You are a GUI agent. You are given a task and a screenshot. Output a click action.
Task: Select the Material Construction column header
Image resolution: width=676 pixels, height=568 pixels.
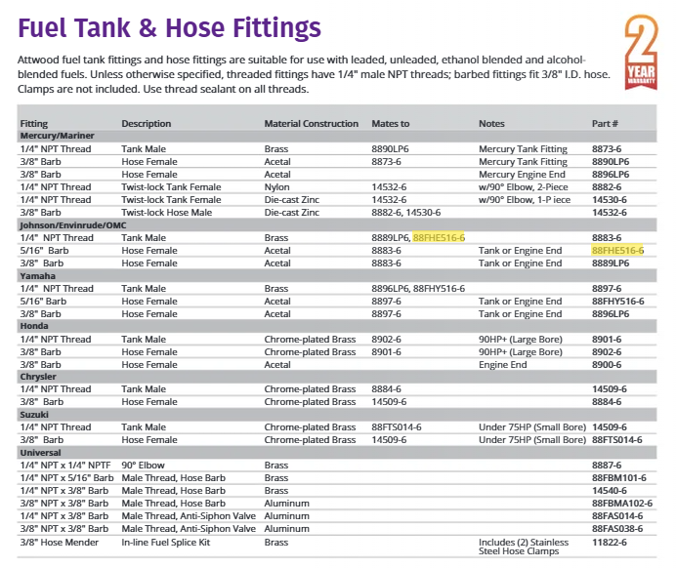point(311,124)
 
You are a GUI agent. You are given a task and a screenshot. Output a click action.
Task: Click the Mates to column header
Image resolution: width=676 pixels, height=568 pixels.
point(391,124)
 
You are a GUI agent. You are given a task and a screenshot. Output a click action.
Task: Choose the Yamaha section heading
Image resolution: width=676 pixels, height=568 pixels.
point(38,276)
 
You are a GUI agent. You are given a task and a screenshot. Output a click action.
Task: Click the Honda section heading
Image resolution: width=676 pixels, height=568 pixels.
point(35,327)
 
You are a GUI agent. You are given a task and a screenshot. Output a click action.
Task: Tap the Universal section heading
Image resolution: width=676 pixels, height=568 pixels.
point(41,453)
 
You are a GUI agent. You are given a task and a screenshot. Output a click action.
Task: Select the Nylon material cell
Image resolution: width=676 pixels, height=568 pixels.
point(276,186)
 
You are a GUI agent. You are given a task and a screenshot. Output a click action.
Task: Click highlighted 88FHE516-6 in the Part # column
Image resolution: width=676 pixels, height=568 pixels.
point(617,250)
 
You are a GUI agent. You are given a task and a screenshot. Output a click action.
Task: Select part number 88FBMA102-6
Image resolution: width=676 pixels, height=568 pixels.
point(622,504)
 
